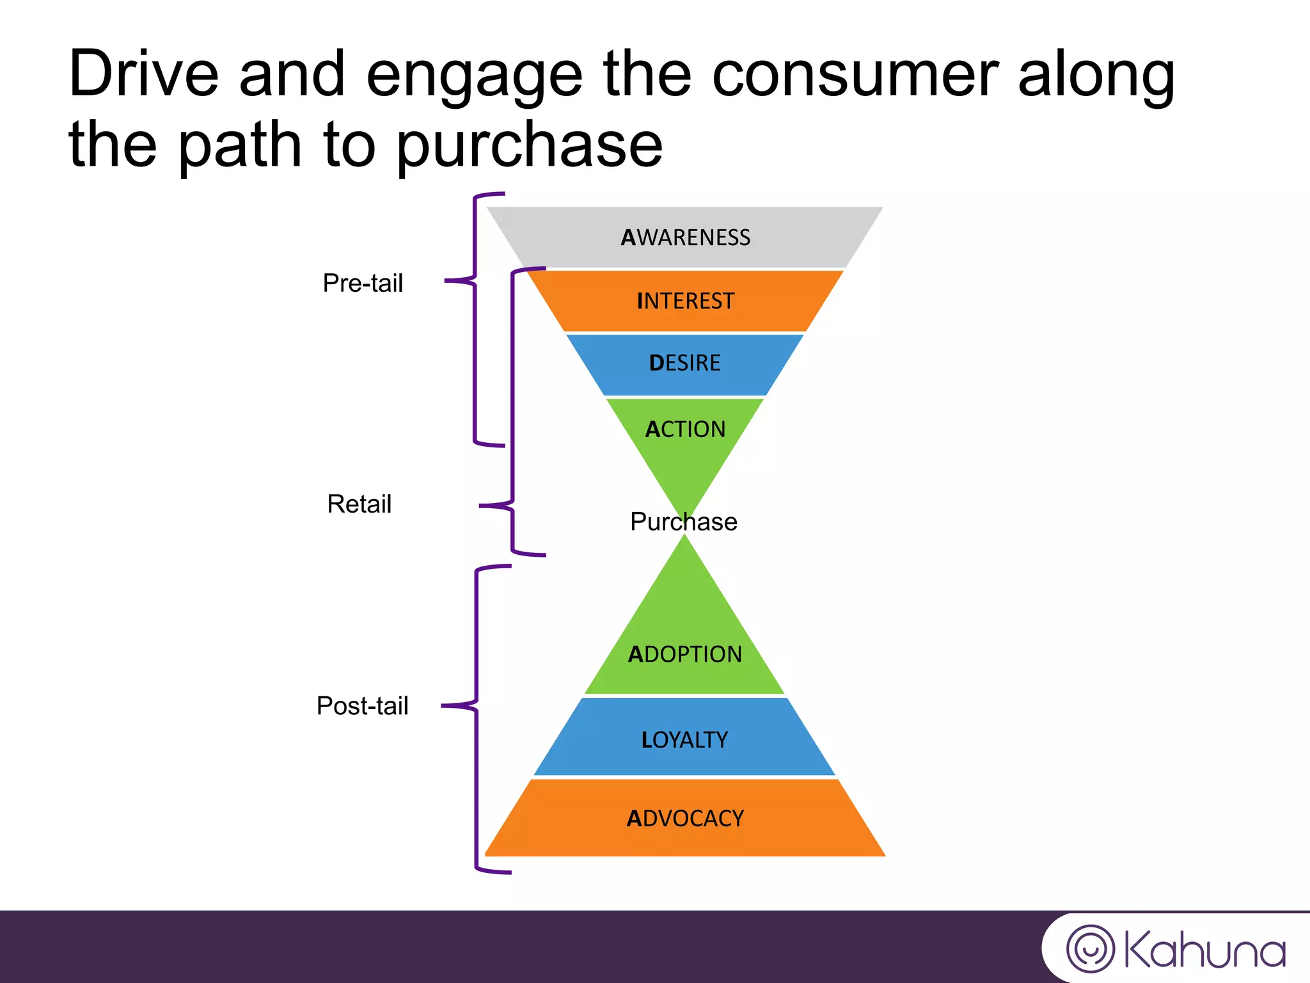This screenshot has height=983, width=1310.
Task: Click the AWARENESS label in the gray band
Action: pos(685,237)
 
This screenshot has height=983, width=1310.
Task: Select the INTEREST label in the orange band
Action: pos(685,301)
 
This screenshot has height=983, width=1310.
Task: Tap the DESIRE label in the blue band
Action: pos(684,363)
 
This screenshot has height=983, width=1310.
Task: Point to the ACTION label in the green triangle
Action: pos(685,429)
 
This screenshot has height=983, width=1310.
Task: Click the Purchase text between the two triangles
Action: pos(683,522)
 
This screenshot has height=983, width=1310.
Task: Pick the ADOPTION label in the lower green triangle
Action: pos(684,654)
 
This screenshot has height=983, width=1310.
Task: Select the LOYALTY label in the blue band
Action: pos(684,740)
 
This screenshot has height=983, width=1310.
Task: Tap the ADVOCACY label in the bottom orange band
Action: pos(684,819)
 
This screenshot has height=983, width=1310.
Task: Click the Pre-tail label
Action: pos(363,283)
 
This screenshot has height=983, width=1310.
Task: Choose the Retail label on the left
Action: pos(359,504)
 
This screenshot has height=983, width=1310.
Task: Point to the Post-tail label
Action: pos(362,706)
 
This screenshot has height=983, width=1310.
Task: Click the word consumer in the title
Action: pos(855,75)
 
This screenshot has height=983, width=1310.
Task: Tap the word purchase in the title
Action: pos(529,146)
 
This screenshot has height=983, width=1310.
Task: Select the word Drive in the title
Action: pos(144,75)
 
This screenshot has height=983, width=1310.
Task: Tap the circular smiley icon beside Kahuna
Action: pos(1090,948)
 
